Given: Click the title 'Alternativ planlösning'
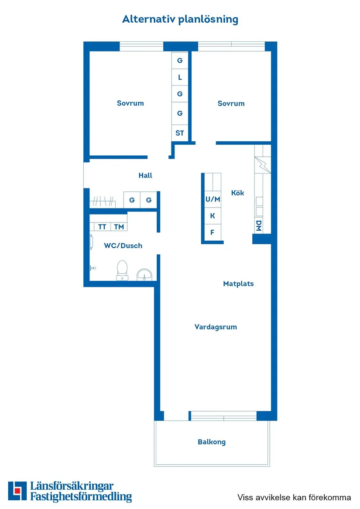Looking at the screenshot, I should [x=180, y=20].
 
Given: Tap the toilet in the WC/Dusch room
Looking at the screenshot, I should [x=122, y=270].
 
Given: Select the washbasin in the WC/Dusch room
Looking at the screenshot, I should [x=144, y=274].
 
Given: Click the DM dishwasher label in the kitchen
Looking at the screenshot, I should [x=259, y=225].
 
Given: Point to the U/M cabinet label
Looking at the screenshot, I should [x=213, y=199].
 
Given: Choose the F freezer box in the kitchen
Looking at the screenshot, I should [x=213, y=232].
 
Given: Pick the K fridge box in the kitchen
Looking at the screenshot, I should [x=213, y=216].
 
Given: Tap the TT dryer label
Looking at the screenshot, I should [x=102, y=227].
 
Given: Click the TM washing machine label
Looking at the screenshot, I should [x=119, y=227].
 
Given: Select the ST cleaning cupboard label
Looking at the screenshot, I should [x=180, y=133].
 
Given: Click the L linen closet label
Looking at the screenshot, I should [x=180, y=78].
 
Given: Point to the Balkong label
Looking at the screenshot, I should [x=212, y=442].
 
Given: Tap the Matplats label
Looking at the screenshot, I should [x=238, y=284].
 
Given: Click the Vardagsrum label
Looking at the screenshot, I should [x=216, y=327].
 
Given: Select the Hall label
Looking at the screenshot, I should [x=145, y=175].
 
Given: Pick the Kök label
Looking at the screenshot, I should [x=238, y=193].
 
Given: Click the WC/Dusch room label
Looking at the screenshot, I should [x=123, y=246].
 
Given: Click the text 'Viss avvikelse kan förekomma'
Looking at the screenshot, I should [x=294, y=497].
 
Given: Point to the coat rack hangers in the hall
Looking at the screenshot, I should [x=103, y=202].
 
